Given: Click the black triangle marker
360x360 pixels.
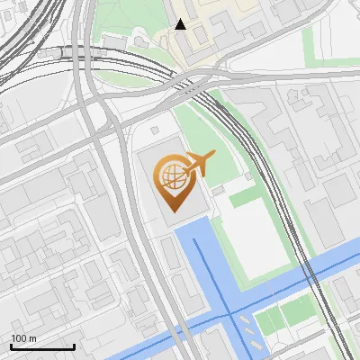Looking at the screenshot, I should [181, 24].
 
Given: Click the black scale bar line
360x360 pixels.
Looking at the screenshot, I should [42, 346].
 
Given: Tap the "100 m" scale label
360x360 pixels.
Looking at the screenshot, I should [24, 338].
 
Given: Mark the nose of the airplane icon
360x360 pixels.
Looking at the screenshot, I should [214, 156].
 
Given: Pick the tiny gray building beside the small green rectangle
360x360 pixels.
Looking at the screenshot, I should [218, 191].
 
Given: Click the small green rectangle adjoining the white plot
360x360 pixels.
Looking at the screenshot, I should [241, 196].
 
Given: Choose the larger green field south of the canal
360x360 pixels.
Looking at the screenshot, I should [298, 311].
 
